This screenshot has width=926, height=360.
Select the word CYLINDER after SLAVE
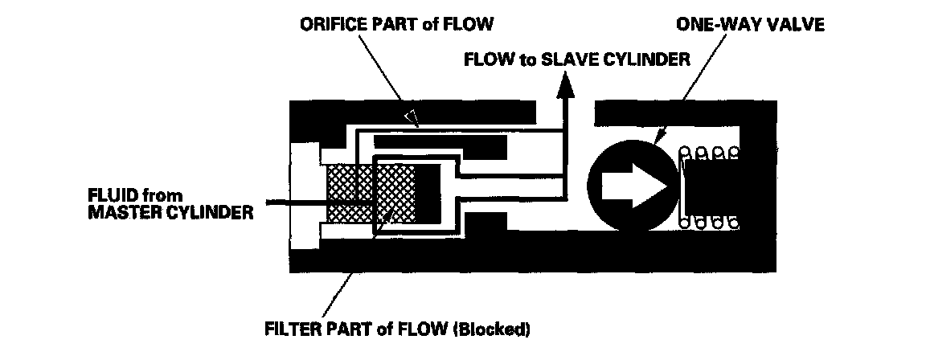click(644, 59)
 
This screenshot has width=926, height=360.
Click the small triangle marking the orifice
click(412, 118)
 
